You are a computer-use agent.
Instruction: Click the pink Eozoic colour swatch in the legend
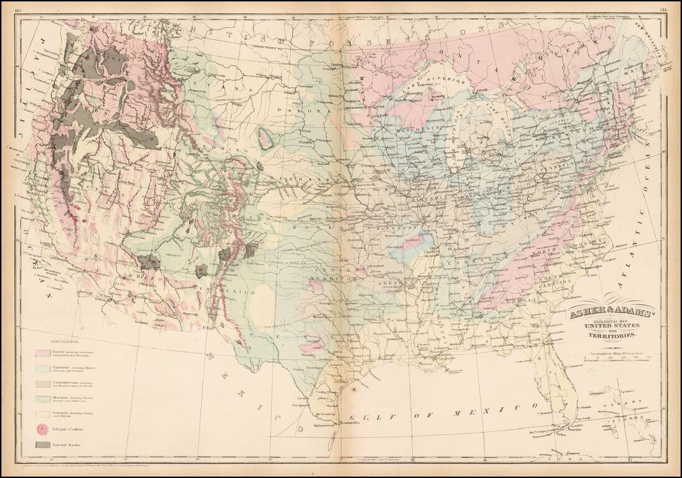pyautogui.click(x=42, y=353)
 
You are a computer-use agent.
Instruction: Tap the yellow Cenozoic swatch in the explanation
pyautogui.click(x=42, y=413)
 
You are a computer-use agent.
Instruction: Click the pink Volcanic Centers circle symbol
pyautogui.click(x=42, y=428)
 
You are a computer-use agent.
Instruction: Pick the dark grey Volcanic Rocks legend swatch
pyautogui.click(x=42, y=444)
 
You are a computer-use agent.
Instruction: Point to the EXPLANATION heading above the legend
pyautogui.click(x=64, y=342)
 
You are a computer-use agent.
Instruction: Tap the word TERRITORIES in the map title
pyautogui.click(x=611, y=336)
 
